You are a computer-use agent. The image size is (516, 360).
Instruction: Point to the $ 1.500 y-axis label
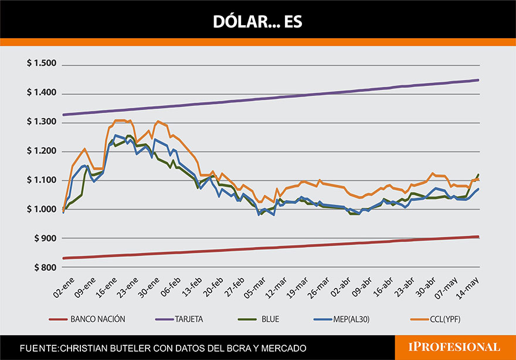point(41,64)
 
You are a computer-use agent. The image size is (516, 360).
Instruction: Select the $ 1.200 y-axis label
point(41,151)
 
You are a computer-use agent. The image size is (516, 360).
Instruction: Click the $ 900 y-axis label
point(45,239)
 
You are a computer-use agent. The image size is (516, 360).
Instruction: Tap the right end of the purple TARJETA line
point(478,80)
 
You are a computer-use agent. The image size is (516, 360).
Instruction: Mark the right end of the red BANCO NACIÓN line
point(478,237)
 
